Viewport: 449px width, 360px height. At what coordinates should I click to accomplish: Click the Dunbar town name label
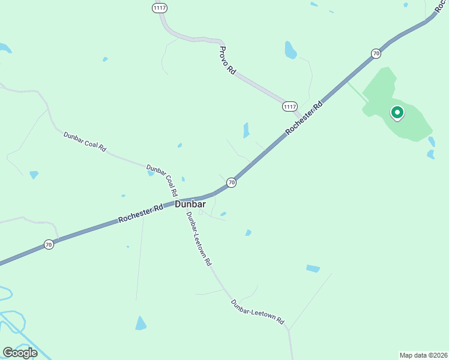tap(190, 205)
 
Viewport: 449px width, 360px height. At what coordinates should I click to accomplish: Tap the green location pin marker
tap(397, 112)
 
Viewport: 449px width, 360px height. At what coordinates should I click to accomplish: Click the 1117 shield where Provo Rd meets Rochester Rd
tap(290, 106)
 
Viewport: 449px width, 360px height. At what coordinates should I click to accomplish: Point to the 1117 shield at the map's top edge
tap(159, 7)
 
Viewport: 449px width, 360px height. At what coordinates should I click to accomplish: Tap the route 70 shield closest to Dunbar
tap(231, 182)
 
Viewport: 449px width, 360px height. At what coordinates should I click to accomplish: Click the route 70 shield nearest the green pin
tap(376, 53)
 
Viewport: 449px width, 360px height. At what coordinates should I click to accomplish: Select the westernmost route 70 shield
tap(49, 244)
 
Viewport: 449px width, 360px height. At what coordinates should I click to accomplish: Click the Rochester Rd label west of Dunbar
tap(141, 213)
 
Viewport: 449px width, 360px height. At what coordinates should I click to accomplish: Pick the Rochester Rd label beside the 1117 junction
tap(304, 117)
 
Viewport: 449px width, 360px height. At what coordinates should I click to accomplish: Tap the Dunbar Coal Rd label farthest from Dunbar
tap(85, 142)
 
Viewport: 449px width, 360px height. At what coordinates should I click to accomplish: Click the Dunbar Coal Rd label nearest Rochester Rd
tap(162, 181)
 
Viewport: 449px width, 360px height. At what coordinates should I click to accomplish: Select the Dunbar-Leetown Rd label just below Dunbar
tap(199, 239)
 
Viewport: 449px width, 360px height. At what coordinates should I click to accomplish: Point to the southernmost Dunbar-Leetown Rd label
tap(258, 313)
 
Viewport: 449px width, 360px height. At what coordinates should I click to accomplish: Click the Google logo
tap(20, 352)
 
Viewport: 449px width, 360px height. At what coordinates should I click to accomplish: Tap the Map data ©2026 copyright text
tap(423, 355)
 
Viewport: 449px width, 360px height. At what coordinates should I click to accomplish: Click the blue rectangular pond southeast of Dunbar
tap(313, 268)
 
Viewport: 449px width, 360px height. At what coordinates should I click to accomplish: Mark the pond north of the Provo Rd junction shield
tap(291, 50)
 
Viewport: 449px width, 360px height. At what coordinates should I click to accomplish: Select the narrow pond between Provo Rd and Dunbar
tap(246, 130)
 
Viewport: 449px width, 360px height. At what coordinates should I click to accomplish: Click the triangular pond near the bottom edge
tap(141, 323)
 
